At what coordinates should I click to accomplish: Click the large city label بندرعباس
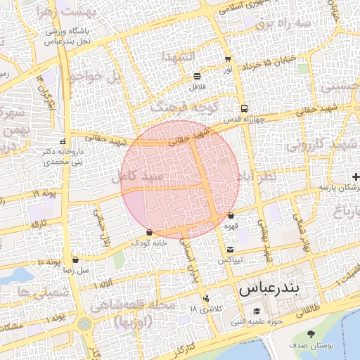point(269,288)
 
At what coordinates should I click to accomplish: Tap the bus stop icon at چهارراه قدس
point(244,108)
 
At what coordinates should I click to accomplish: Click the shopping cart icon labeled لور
point(227,59)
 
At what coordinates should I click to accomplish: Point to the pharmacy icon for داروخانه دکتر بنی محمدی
point(64,141)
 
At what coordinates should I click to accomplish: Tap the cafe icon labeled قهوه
point(231,216)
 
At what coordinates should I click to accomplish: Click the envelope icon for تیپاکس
point(231,250)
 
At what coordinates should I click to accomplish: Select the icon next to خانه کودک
point(149,232)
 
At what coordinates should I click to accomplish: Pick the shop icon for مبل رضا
point(75,259)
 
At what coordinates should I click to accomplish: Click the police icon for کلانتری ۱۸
point(205,298)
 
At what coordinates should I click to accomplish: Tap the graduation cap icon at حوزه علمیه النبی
point(256,311)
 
